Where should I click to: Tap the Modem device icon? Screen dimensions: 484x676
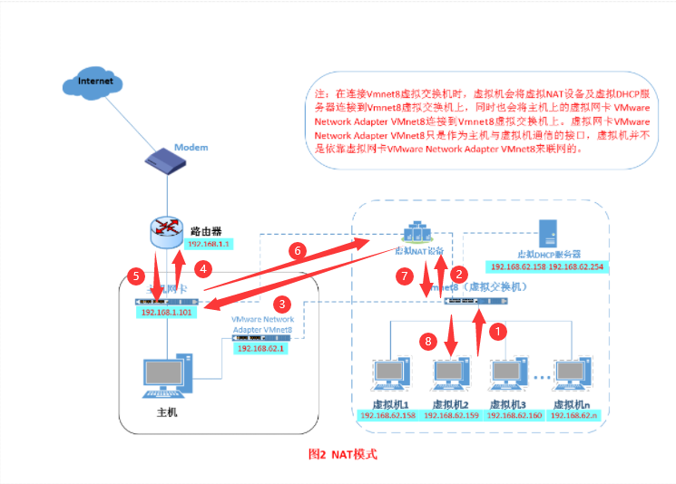[x=167, y=159]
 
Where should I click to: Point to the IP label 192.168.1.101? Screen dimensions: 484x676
[x=166, y=313]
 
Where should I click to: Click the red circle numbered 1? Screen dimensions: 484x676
[x=496, y=332]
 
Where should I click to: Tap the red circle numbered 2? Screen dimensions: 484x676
[x=459, y=273]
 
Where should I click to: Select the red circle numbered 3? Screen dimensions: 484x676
[x=282, y=304]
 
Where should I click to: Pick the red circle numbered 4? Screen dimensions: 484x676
[x=204, y=268]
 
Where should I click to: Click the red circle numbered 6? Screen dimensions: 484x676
[x=295, y=247]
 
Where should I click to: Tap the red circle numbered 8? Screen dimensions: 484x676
[x=430, y=341]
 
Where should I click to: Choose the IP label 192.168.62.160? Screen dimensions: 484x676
[x=514, y=415]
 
